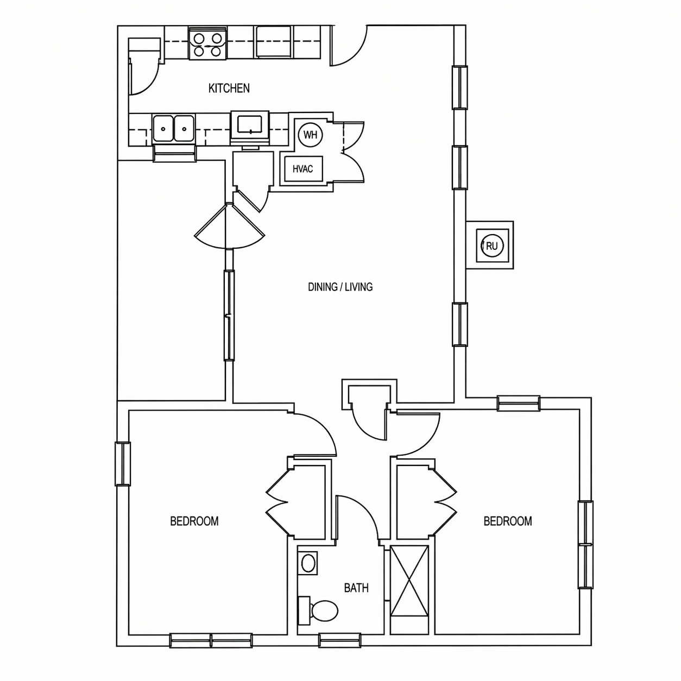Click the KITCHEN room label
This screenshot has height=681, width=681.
[x=229, y=88]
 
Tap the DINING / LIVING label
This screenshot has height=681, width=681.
[x=340, y=287]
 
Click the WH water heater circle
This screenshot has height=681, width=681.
[x=310, y=135]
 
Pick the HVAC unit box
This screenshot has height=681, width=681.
[x=304, y=169]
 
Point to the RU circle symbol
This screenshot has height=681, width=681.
[x=492, y=245]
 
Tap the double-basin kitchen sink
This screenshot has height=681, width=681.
[x=174, y=129]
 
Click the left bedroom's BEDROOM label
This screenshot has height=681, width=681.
[x=194, y=521]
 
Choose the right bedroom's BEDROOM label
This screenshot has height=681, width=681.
[x=507, y=521]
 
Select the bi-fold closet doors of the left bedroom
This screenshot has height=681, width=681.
[x=277, y=502]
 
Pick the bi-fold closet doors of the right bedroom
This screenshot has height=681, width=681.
[x=445, y=502]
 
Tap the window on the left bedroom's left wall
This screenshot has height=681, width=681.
[x=123, y=464]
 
